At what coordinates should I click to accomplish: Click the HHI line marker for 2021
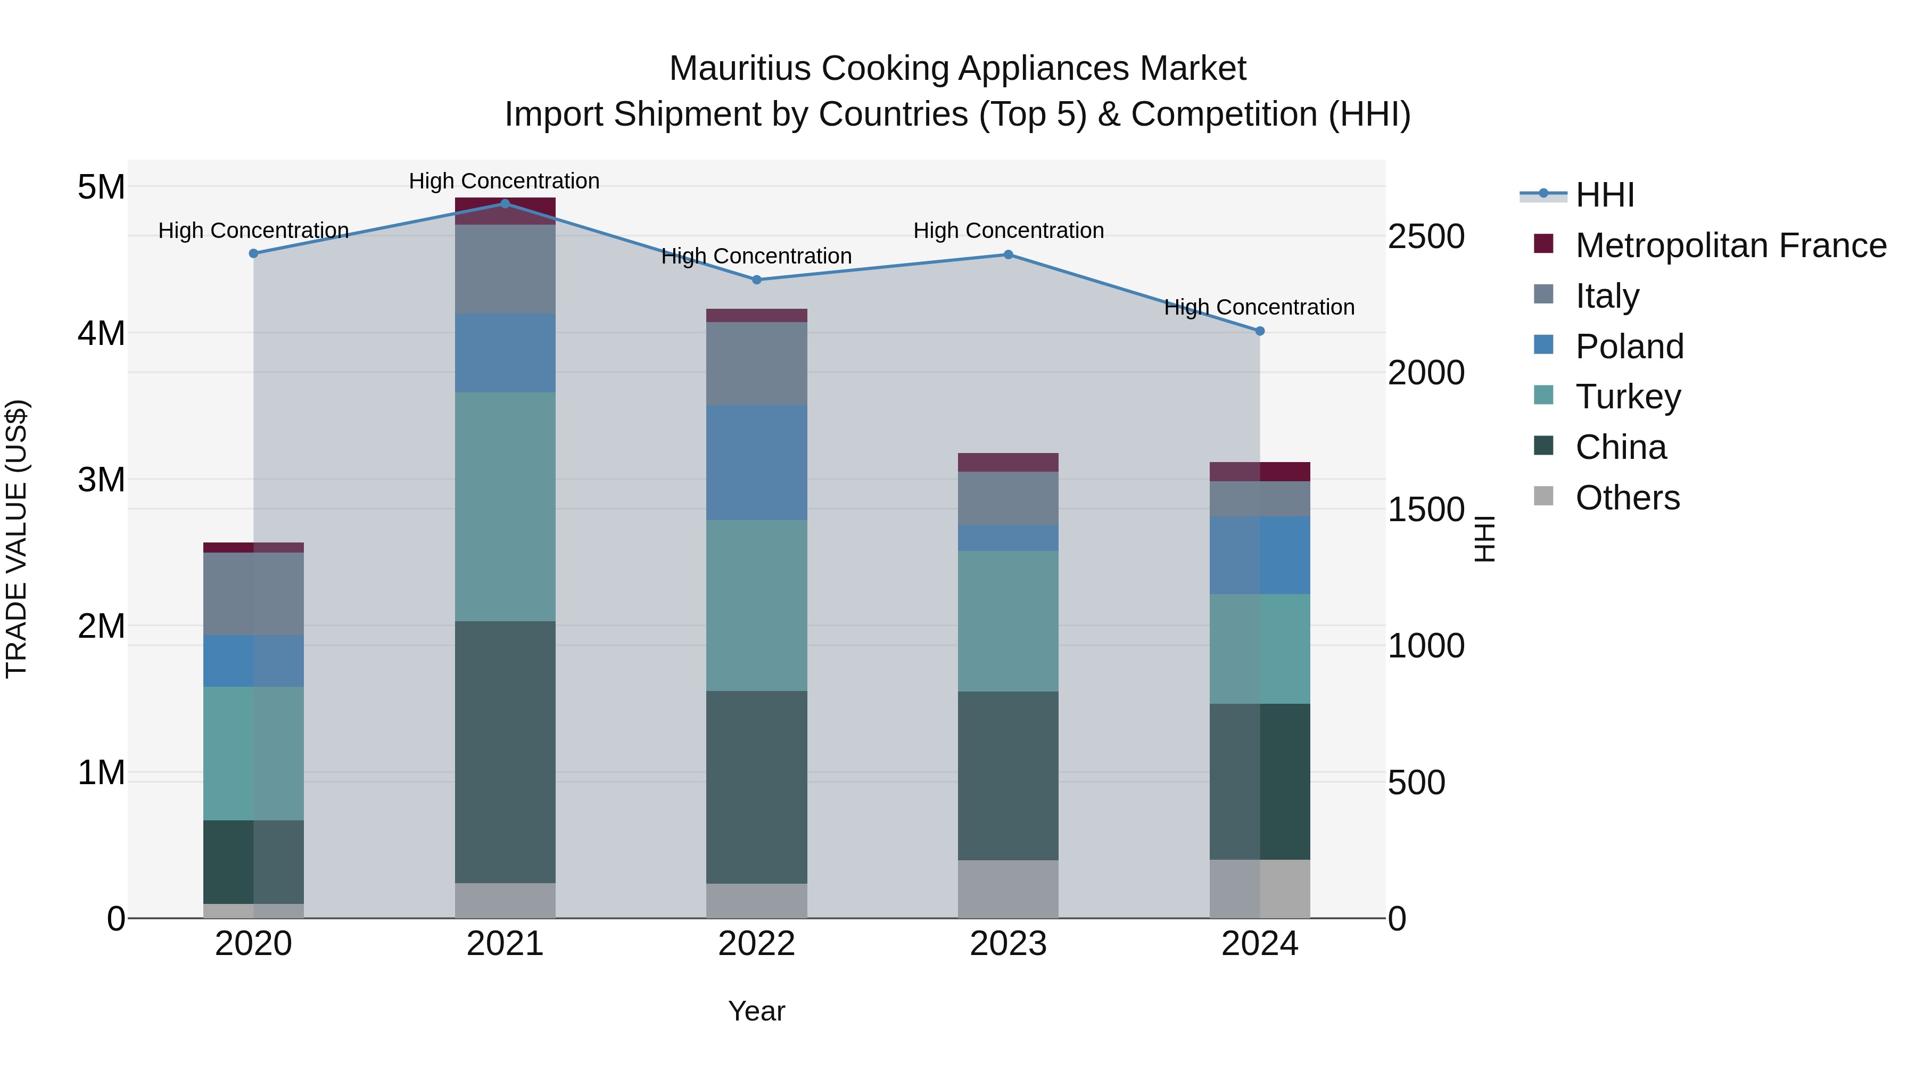505,204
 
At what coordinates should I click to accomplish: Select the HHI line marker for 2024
1260,331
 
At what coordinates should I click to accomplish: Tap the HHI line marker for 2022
756,279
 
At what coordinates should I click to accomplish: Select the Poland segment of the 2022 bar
756,462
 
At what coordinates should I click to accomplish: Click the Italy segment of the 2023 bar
1008,498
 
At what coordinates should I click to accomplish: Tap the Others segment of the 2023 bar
1008,889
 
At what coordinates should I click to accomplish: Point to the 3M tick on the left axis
101,480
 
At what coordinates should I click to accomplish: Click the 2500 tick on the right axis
1426,236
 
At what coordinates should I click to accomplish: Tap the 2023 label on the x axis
1008,944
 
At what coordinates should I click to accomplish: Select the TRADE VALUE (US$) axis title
16,539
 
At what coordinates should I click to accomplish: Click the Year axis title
756,1011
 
